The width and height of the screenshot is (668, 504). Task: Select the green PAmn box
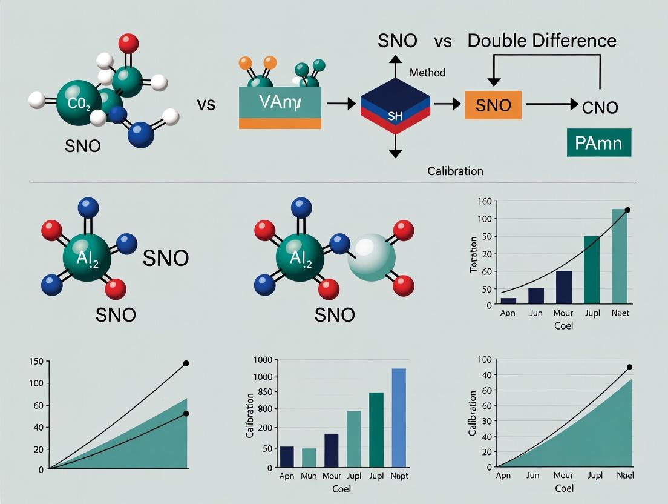pos(598,142)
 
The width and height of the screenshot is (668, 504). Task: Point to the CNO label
pos(600,108)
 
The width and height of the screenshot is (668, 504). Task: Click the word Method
pos(427,73)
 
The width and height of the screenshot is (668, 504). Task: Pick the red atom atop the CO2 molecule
pos(128,43)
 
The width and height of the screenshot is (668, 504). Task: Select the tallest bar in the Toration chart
pos(619,256)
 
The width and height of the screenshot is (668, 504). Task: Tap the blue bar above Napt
pos(399,418)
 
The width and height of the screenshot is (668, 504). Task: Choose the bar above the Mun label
pos(309,457)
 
